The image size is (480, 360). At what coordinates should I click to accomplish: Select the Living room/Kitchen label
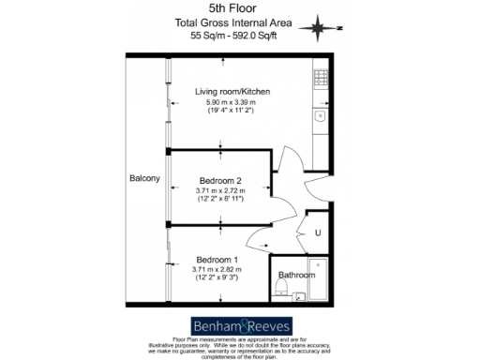click(232, 92)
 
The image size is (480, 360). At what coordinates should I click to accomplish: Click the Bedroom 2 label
click(220, 180)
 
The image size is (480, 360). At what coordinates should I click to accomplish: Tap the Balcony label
click(146, 178)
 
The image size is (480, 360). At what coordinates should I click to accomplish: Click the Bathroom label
click(297, 275)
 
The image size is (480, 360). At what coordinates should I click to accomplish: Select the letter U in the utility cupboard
click(317, 232)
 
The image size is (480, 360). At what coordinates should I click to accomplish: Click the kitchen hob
click(320, 80)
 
